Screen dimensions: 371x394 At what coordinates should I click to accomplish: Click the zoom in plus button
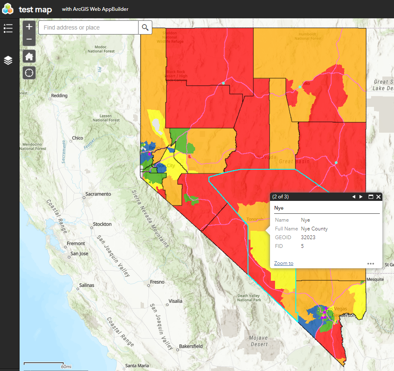click(x=29, y=27)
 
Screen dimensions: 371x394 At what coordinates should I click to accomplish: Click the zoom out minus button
click(x=29, y=40)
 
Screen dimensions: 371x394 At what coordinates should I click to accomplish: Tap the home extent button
click(x=29, y=56)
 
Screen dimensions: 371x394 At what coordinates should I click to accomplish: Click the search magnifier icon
click(x=145, y=27)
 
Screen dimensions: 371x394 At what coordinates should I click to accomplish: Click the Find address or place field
click(x=88, y=27)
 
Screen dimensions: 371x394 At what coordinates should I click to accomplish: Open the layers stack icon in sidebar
click(x=8, y=60)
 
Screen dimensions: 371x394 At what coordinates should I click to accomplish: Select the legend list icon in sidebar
click(x=8, y=28)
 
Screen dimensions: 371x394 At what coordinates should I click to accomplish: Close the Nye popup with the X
click(x=378, y=197)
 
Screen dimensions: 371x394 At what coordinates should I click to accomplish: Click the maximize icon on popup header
click(x=371, y=197)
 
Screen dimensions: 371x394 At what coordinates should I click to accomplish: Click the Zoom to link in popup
click(x=284, y=263)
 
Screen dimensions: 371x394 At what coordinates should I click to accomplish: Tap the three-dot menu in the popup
click(x=371, y=263)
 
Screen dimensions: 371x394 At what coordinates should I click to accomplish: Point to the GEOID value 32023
click(x=308, y=237)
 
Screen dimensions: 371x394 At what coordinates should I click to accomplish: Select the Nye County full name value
click(x=314, y=229)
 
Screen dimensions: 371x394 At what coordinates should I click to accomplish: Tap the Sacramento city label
click(x=98, y=194)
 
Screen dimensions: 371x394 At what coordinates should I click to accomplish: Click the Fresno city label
click(x=157, y=282)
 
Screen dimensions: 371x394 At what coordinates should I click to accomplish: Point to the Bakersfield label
click(x=191, y=346)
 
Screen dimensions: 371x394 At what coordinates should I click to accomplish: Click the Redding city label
click(x=59, y=96)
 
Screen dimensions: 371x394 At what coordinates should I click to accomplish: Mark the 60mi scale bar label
click(x=66, y=366)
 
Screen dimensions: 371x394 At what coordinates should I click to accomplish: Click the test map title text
click(x=35, y=9)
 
